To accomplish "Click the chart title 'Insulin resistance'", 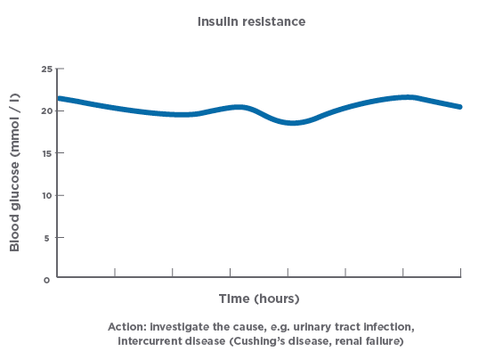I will click(x=251, y=19).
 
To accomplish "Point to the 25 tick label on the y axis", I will click(x=46, y=69).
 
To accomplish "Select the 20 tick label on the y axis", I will click(x=46, y=110).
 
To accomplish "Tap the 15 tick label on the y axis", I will click(x=46, y=152).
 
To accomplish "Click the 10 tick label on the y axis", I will click(x=46, y=195).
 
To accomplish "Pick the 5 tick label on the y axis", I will click(x=49, y=237).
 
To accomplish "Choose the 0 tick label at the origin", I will click(x=49, y=279).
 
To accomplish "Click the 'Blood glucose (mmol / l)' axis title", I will click(x=15, y=173).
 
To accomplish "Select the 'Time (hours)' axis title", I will click(x=259, y=298).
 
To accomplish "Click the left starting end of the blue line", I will click(x=60, y=98).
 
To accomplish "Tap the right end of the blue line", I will click(x=459, y=107).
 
